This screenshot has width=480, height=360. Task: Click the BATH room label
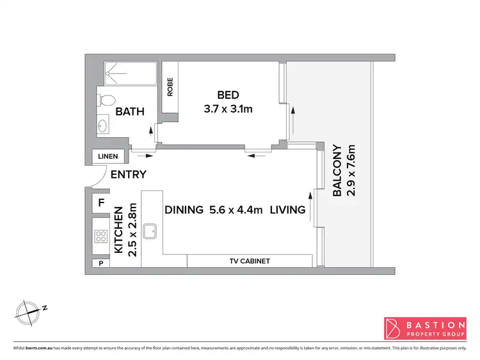[x=129, y=111]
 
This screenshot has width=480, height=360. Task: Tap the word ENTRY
[x=129, y=174]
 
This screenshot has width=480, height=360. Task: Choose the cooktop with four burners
[x=101, y=236]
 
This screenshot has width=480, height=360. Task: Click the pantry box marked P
[x=100, y=263]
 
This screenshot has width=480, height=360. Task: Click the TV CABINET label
[x=250, y=261]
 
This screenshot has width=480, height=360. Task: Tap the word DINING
[x=184, y=209]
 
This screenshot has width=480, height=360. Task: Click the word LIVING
[x=287, y=209]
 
